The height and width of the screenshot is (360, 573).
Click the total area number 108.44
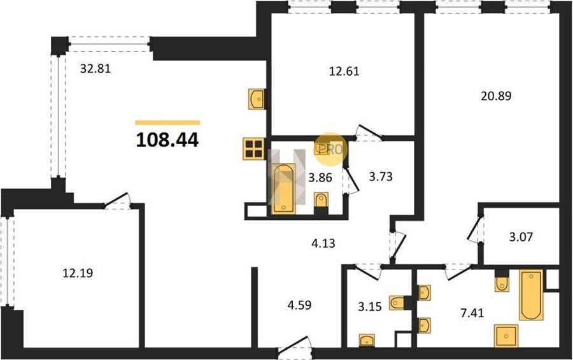click(x=167, y=140)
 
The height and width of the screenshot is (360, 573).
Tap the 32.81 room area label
click(x=95, y=68)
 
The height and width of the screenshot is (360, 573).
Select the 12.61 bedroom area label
click(x=344, y=71)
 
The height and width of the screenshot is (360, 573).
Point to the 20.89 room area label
click(x=496, y=96)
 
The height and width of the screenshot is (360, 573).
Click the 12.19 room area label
click(x=78, y=273)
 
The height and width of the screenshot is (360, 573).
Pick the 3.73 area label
click(x=381, y=177)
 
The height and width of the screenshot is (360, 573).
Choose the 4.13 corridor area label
click(x=323, y=243)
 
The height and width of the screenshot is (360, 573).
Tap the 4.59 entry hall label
click(x=299, y=305)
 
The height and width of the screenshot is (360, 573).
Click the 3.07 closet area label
click(x=521, y=237)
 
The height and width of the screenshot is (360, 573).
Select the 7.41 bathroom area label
click(x=472, y=313)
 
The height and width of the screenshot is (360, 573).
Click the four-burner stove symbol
click(x=254, y=149)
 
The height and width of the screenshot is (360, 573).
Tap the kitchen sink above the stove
click(x=257, y=99)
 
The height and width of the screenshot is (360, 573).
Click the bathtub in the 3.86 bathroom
click(x=284, y=188)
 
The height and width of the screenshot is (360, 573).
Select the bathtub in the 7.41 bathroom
click(x=531, y=294)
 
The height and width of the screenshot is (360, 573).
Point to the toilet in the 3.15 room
click(x=397, y=303)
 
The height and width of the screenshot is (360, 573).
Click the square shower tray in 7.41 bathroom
click(x=506, y=336)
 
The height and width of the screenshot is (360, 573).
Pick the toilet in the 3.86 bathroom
click(x=322, y=201)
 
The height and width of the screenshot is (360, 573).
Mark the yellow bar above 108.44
click(x=167, y=123)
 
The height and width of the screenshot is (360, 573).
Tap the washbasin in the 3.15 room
click(x=367, y=340)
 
